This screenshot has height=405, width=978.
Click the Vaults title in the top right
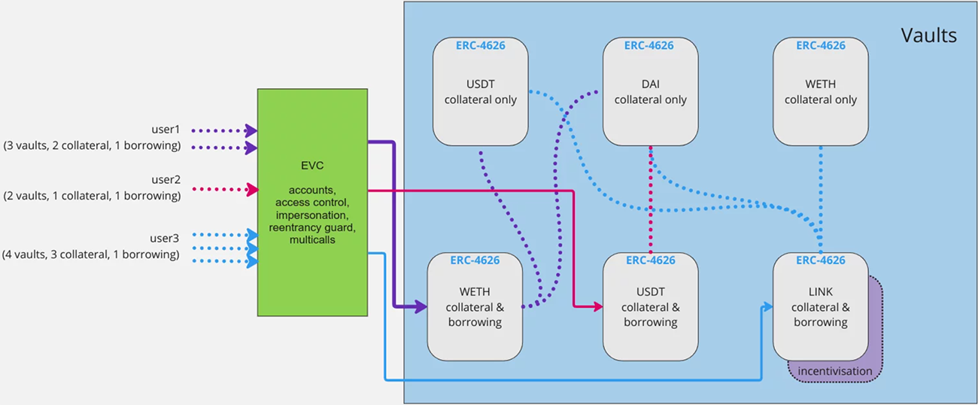(x=928, y=35)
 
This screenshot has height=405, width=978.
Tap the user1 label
(x=166, y=130)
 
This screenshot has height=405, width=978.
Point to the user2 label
(x=166, y=180)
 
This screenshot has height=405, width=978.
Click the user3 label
(x=165, y=239)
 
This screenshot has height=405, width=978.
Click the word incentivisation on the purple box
(x=835, y=371)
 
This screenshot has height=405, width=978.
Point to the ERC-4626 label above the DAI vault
(x=650, y=45)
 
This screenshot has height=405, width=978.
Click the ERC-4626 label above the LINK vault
(x=820, y=260)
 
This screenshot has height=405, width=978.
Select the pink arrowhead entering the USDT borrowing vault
(x=597, y=306)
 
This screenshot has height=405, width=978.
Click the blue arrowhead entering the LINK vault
(x=767, y=306)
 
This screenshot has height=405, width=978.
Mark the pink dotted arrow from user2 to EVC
(x=222, y=190)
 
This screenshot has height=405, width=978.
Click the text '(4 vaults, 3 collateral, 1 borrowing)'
(x=91, y=254)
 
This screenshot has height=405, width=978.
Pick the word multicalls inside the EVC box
(x=312, y=239)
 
